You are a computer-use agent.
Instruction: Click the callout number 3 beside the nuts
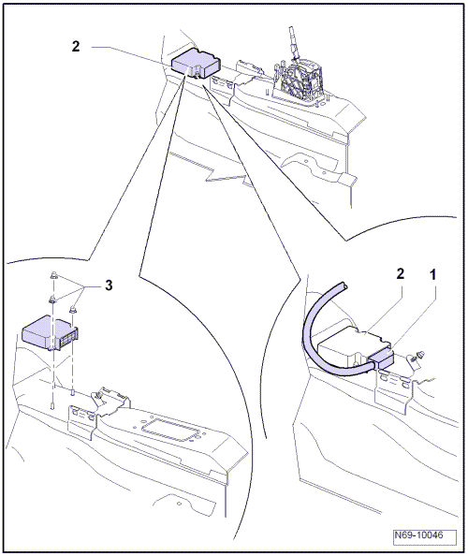[x=109, y=285]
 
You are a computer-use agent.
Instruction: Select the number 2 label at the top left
[x=76, y=47]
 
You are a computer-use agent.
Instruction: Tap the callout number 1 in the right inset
[x=432, y=274]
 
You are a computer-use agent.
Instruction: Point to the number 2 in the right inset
[x=401, y=273]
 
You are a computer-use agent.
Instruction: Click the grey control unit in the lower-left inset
[x=50, y=333]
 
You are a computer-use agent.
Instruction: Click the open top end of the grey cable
[x=344, y=285]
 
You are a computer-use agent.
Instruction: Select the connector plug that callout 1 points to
[x=382, y=358]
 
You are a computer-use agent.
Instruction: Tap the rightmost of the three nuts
[x=72, y=310]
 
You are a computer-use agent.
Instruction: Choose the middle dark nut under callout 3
[x=52, y=300]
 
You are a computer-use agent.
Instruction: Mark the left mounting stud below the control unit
[x=52, y=405]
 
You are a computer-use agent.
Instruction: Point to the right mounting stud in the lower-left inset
[x=72, y=392]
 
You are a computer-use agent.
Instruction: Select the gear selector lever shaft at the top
[x=293, y=41]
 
